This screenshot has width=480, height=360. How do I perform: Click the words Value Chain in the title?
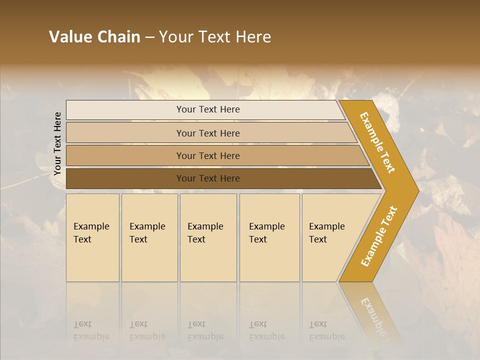[x=94, y=37]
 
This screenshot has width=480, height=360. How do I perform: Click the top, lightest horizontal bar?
[x=125, y=109]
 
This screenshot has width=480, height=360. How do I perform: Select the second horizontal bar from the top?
[x=125, y=133]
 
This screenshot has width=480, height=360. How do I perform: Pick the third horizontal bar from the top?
[x=125, y=155]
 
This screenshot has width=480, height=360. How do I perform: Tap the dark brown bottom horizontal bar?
[x=125, y=178]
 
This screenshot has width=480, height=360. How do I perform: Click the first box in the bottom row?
[x=92, y=260]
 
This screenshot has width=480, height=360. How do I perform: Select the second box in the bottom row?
[x=149, y=260]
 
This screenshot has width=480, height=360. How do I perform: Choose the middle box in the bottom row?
[x=208, y=260]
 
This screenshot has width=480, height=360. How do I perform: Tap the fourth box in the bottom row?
[x=269, y=260]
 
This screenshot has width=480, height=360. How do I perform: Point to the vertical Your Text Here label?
[x=57, y=143]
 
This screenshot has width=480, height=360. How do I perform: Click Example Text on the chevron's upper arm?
[x=377, y=142]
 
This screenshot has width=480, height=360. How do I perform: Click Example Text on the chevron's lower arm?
[x=379, y=236]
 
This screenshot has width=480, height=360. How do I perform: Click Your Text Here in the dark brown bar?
[x=208, y=178]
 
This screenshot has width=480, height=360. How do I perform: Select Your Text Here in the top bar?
[x=208, y=109]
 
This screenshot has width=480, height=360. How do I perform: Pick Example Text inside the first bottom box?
[x=91, y=232]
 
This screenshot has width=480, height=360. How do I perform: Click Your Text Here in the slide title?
[x=215, y=37]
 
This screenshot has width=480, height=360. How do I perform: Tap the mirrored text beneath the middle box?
[x=205, y=330]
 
